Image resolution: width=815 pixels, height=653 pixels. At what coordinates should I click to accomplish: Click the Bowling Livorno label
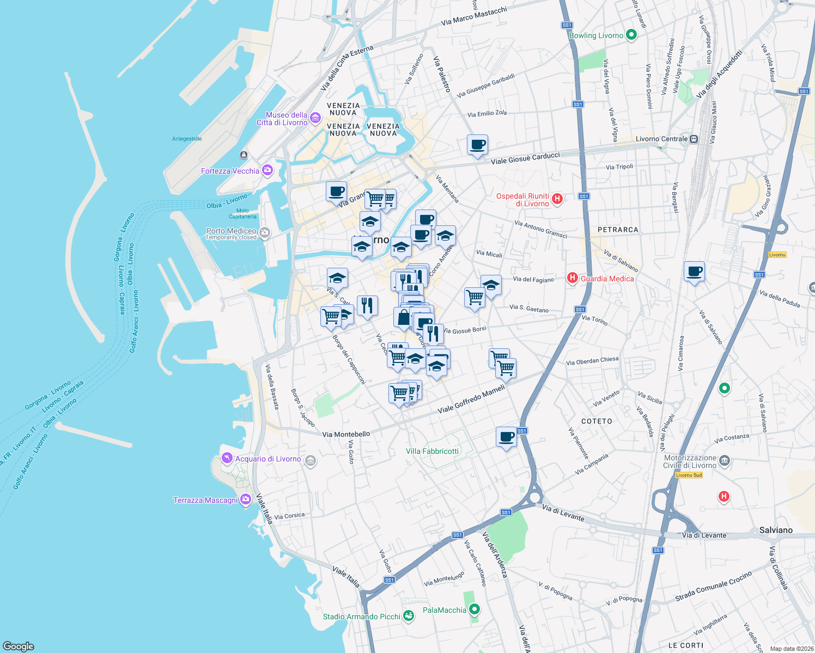click(596, 35)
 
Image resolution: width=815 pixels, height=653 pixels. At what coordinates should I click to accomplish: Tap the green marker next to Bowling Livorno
click(631, 35)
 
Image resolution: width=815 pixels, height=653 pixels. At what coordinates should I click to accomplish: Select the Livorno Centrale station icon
click(694, 139)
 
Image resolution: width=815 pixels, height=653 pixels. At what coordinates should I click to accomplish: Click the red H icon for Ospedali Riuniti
click(557, 199)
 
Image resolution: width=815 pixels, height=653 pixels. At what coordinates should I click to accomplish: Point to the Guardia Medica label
click(607, 279)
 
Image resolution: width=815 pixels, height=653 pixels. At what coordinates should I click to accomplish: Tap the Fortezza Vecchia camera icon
click(267, 170)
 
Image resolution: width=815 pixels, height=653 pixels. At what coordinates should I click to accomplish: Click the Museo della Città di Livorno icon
click(315, 118)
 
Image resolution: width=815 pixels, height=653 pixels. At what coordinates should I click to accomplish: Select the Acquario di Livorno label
click(268, 459)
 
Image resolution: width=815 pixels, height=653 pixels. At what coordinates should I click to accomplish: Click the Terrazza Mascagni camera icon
click(246, 499)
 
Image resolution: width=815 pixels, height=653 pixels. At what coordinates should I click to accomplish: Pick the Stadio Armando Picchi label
click(362, 617)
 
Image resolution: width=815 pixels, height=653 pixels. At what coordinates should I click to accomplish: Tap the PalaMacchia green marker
click(475, 609)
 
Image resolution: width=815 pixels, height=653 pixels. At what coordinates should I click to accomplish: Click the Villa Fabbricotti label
click(433, 451)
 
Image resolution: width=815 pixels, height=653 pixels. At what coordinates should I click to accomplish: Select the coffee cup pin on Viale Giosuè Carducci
click(477, 145)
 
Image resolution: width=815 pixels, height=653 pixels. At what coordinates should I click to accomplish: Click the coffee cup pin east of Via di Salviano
click(694, 272)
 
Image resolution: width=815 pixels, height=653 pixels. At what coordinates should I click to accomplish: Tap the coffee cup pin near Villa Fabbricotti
click(506, 437)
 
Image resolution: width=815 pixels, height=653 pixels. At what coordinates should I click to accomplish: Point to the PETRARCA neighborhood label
click(618, 230)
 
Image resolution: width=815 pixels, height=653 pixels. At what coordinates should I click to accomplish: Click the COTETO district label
click(597, 421)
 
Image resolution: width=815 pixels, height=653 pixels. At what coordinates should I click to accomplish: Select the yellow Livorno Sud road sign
click(689, 475)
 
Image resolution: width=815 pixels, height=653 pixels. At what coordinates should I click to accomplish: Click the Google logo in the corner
click(19, 646)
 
